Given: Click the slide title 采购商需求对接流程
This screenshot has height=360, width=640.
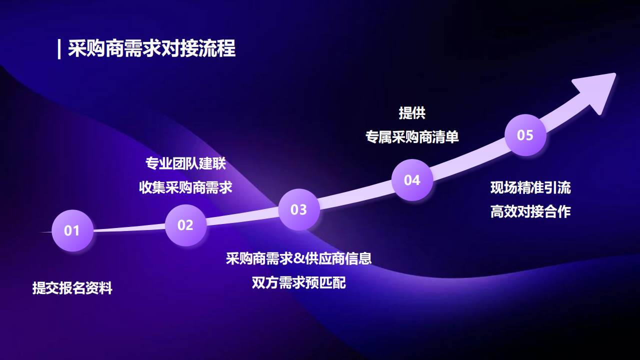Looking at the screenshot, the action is (x=151, y=49).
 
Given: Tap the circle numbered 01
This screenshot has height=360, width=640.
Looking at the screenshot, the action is (x=72, y=230).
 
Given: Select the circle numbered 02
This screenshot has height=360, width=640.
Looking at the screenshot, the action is (x=185, y=225).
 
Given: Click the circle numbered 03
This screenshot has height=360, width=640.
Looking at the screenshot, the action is (x=299, y=209).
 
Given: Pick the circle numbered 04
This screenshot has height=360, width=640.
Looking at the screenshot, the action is (x=412, y=180).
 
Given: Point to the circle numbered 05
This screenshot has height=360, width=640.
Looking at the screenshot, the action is (x=525, y=135).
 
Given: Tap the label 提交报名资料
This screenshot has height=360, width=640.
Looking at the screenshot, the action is (x=72, y=288).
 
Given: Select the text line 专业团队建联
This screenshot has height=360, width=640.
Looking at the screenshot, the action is (x=185, y=163).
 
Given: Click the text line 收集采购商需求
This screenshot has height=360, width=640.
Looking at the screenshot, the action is (x=185, y=187).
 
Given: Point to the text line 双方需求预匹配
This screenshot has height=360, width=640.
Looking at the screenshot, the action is (x=299, y=282).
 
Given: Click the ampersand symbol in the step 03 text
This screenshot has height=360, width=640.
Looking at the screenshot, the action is (x=298, y=259).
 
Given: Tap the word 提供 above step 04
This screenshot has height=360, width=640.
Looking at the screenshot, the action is (x=412, y=113).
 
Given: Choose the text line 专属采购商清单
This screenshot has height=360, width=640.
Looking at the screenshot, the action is (x=412, y=137).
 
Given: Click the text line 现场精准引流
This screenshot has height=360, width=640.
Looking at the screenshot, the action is (x=530, y=188).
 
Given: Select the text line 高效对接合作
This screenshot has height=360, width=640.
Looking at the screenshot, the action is (x=530, y=212).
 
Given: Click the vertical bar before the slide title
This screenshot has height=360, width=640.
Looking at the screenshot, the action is (x=59, y=49).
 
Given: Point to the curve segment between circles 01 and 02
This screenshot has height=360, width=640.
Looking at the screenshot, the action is (x=129, y=228).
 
